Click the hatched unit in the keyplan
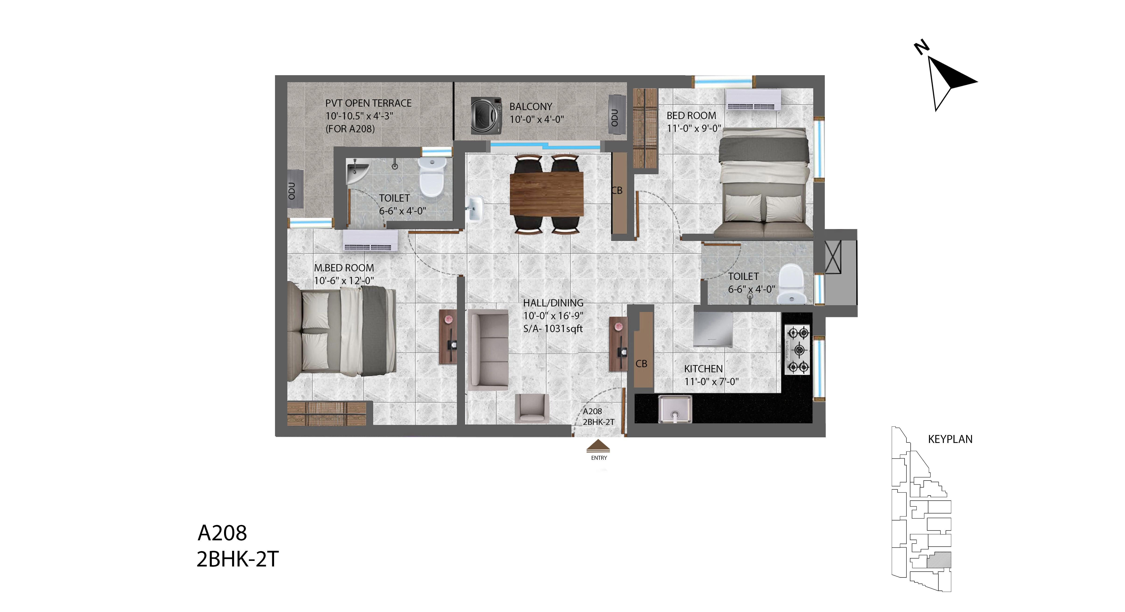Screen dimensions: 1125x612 [939, 560]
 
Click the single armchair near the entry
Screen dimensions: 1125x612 [532, 409]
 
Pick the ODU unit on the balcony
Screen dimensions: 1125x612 [617, 115]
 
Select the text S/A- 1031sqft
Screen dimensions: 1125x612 [553, 329]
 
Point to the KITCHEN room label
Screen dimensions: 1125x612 [703, 369]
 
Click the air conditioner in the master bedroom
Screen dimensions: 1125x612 [370, 241]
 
